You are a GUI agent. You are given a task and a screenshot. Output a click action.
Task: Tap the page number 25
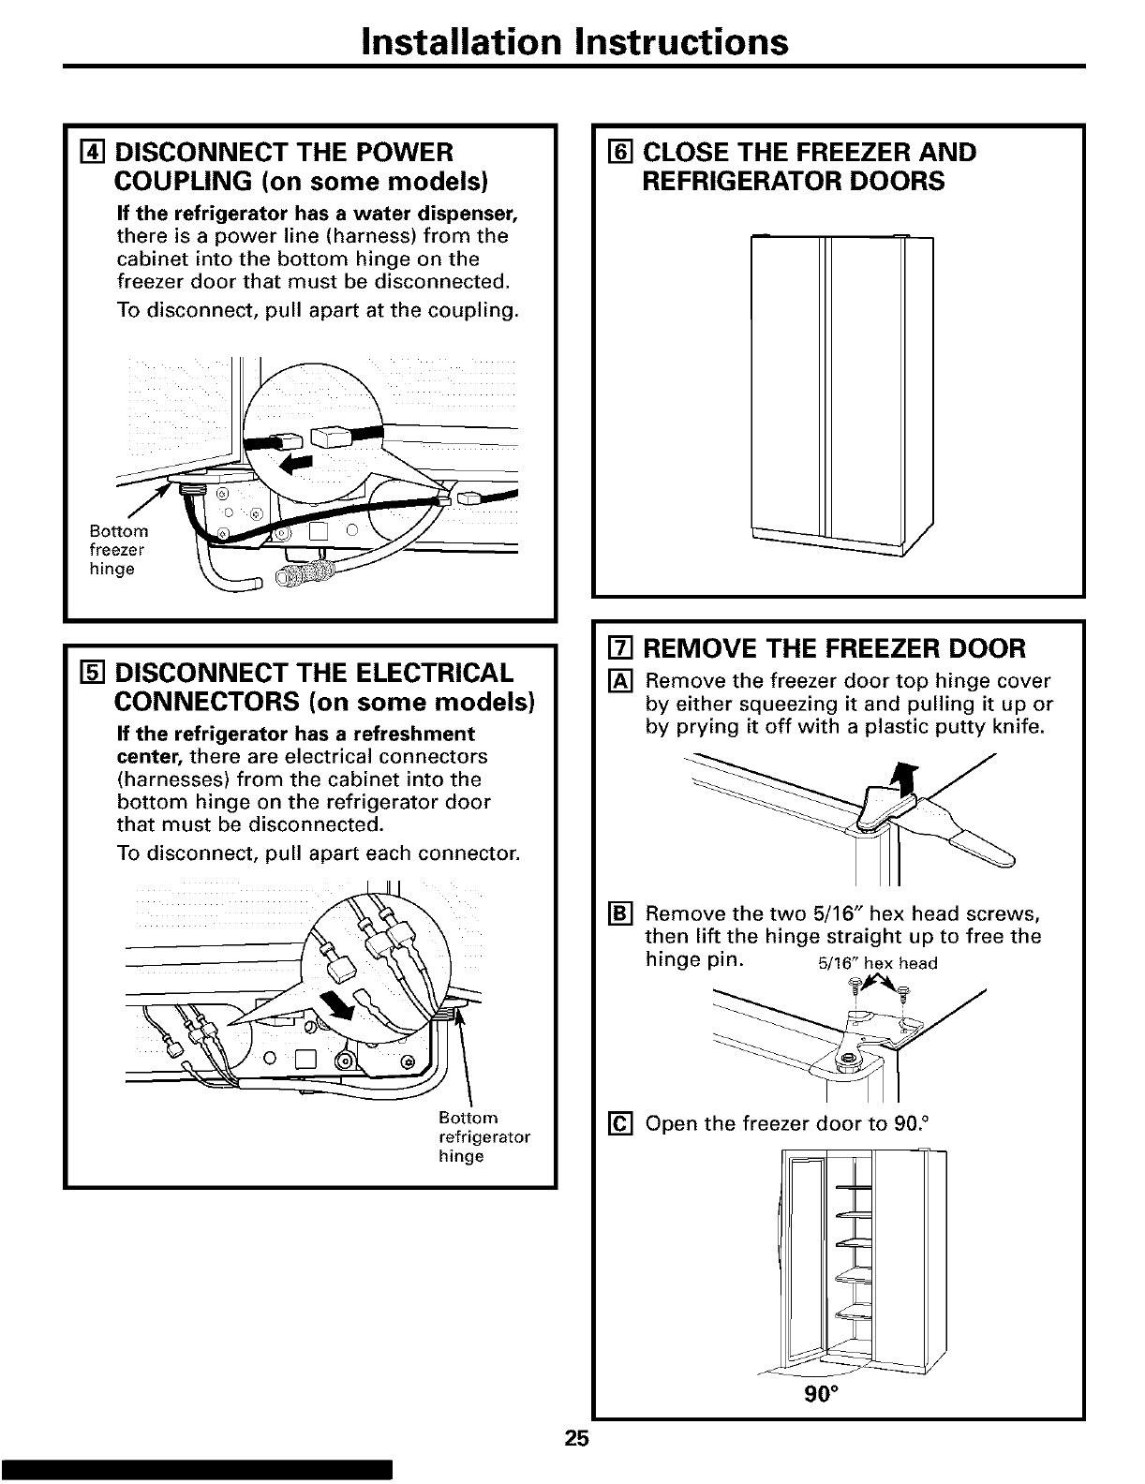[x=575, y=1440]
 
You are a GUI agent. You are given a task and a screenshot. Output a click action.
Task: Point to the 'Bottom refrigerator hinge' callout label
[x=483, y=1136]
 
